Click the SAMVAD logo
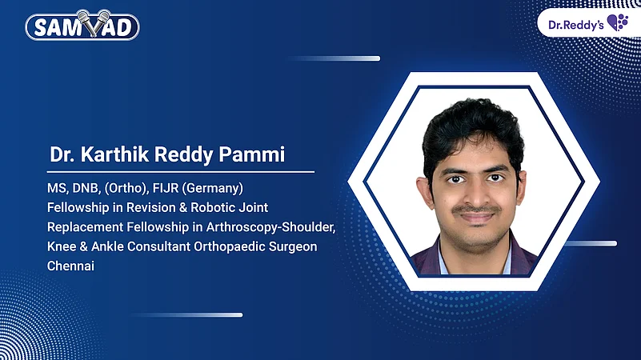pyautogui.click(x=82, y=27)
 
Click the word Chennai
pyautogui.click(x=70, y=266)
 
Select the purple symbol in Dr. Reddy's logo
pyautogui.click(x=617, y=22)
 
